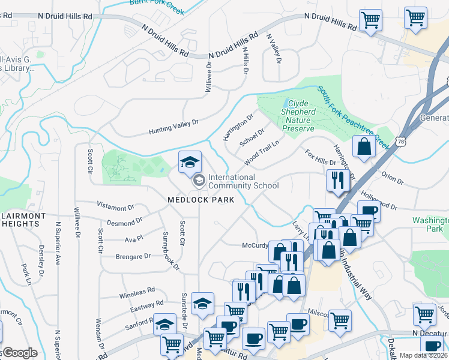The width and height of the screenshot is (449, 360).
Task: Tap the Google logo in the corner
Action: tap(19, 353)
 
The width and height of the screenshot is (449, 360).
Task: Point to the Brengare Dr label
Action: tap(133, 256)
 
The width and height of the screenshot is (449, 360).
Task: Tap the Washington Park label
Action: tap(430, 224)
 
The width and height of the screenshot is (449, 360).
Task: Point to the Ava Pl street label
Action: tap(134, 238)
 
